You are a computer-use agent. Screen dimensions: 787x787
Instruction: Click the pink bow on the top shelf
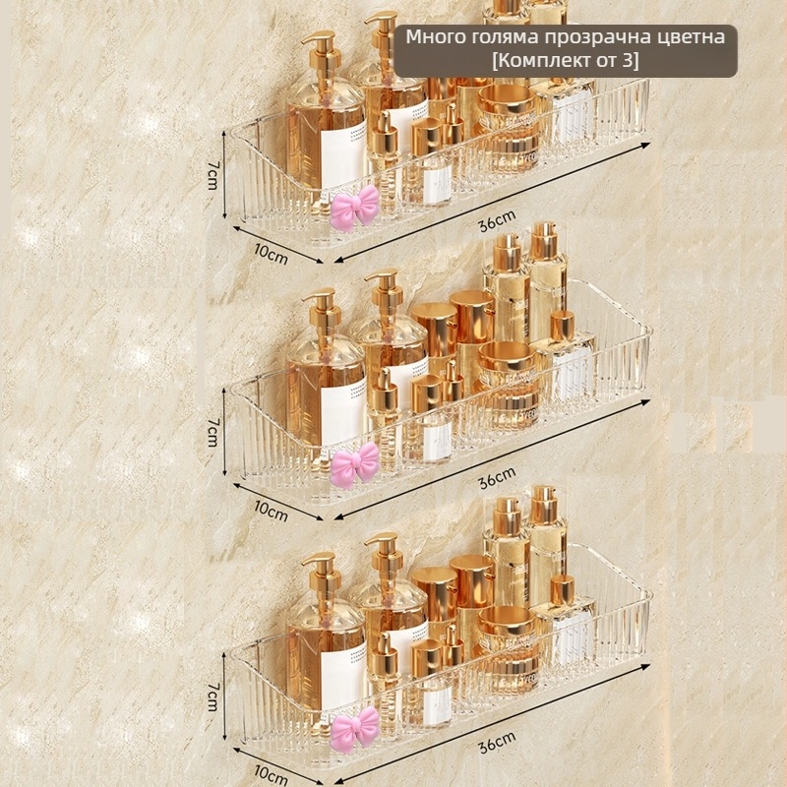(x=354, y=208)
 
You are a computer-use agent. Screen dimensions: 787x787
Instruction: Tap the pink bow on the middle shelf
(x=354, y=465)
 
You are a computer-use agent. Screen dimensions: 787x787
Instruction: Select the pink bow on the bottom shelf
(x=354, y=729)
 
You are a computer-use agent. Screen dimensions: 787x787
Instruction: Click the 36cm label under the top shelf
(x=497, y=221)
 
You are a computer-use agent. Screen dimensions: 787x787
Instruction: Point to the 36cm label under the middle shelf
(x=497, y=477)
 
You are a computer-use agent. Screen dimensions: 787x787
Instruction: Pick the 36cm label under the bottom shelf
(x=497, y=742)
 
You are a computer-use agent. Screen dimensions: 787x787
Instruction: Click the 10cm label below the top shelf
(x=272, y=254)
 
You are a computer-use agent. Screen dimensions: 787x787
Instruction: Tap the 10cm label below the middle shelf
(x=272, y=511)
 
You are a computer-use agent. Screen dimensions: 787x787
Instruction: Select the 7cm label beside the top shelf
(x=212, y=175)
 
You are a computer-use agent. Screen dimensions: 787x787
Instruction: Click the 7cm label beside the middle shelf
(x=212, y=432)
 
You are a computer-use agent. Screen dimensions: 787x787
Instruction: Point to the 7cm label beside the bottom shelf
(x=212, y=696)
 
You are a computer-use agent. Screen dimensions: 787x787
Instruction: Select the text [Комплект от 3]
(x=565, y=61)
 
